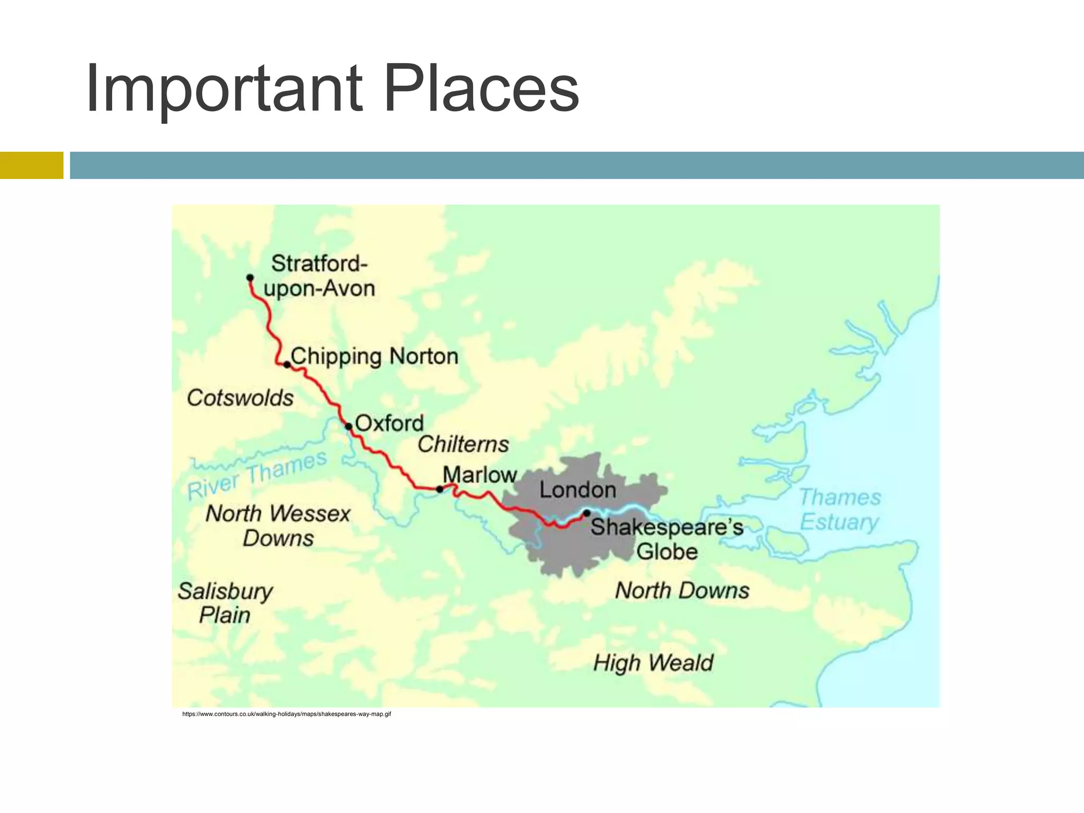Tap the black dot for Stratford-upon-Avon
[250, 278]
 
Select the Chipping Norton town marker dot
[287, 365]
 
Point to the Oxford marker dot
[348, 426]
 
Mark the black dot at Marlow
[439, 490]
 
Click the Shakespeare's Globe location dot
[586, 513]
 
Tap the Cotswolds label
[240, 398]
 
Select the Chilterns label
[463, 444]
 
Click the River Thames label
[257, 475]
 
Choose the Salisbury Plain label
[225, 603]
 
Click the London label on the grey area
[577, 490]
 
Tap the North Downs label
[682, 591]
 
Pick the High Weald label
[653, 663]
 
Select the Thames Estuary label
[839, 510]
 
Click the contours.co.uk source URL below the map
[286, 715]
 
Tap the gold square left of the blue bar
[31, 165]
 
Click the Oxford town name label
[390, 423]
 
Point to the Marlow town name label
[480, 475]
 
